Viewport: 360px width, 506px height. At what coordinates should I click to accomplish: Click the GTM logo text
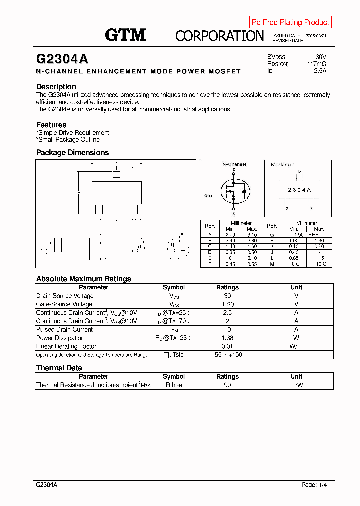pos(125,35)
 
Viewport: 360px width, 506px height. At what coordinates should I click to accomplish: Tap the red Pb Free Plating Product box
pos(290,22)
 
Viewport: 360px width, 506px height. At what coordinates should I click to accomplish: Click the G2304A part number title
pos(62,59)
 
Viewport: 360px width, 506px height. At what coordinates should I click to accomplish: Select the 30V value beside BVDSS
pos(321,57)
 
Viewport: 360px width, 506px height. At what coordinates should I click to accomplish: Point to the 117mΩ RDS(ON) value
pos(317,64)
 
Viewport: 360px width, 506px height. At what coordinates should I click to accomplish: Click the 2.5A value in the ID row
pos(320,71)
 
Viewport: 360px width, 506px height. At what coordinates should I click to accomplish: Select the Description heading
pos(56,87)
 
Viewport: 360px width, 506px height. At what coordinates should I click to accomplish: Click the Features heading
pos(51,125)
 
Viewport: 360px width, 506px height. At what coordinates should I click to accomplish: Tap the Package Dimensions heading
pos(72,153)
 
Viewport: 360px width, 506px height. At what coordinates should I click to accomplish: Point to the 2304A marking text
pos(299,190)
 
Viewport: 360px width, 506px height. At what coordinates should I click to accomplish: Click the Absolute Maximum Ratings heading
pos(83,279)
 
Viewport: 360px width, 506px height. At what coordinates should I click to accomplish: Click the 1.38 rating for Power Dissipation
pos(227,338)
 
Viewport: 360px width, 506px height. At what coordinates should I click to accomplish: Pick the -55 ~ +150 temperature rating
pos(227,355)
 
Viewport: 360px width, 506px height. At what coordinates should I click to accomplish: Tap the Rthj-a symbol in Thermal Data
pos(174,385)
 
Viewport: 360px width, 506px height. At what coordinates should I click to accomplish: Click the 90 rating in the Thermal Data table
pos(227,385)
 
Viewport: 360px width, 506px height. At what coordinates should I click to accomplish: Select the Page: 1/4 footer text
pos(316,485)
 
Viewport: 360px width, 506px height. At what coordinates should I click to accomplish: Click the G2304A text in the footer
pos(47,485)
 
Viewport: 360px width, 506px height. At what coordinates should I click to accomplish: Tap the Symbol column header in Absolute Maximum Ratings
pos(174,287)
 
